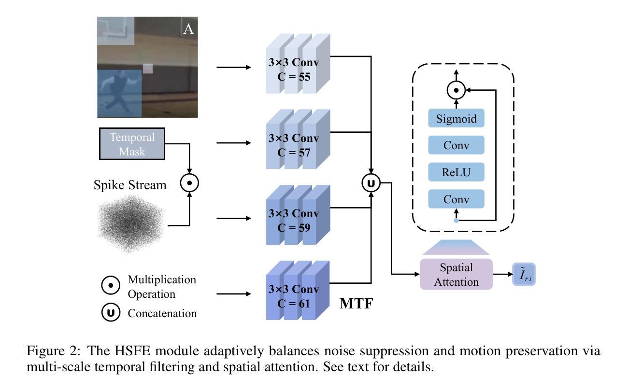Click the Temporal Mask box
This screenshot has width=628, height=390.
[x=132, y=144]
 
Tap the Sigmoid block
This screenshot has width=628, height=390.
[x=456, y=118]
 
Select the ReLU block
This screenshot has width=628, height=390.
[x=456, y=172]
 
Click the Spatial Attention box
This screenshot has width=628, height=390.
[x=456, y=274]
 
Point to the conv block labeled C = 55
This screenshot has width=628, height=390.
[x=298, y=64]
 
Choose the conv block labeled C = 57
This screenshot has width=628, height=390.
[x=298, y=139]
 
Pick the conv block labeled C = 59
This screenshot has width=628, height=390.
[x=298, y=215]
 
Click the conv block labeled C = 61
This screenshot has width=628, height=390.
[x=298, y=291]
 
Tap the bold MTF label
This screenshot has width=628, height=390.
[x=357, y=304]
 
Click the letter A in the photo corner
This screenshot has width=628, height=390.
[x=188, y=29]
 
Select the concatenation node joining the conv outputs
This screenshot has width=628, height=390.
[x=371, y=183]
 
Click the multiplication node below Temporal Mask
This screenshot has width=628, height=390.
[x=189, y=183]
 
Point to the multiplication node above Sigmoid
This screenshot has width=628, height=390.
[x=456, y=90]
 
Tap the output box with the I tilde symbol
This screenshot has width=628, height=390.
[x=524, y=274]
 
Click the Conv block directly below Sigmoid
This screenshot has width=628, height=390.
[x=456, y=145]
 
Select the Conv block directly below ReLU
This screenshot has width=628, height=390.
[x=456, y=199]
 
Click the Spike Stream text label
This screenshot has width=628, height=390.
[x=130, y=185]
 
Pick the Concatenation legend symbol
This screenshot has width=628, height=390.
[x=111, y=312]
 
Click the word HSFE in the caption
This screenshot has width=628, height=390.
[x=132, y=351]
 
